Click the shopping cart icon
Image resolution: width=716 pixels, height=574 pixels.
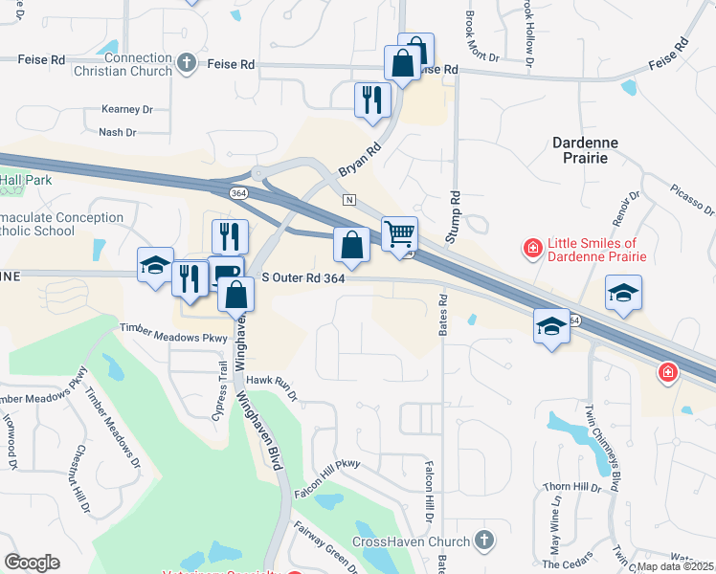399,232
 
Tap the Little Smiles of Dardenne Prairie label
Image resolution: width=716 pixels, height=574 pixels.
596,250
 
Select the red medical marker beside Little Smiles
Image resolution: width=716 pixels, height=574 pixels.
532,249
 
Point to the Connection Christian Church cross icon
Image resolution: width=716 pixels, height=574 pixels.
187,64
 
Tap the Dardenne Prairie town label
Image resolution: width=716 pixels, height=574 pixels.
586,150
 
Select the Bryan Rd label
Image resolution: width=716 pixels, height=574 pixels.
359,161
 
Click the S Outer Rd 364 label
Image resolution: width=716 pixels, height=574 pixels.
302,277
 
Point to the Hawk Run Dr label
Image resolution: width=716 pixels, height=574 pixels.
273,386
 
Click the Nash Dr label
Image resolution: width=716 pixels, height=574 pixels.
118,133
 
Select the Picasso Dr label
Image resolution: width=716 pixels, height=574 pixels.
691,198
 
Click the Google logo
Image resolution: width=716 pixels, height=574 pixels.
32,563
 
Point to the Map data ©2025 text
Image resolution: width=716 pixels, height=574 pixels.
675,566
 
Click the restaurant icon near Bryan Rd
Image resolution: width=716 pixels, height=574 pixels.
371,99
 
